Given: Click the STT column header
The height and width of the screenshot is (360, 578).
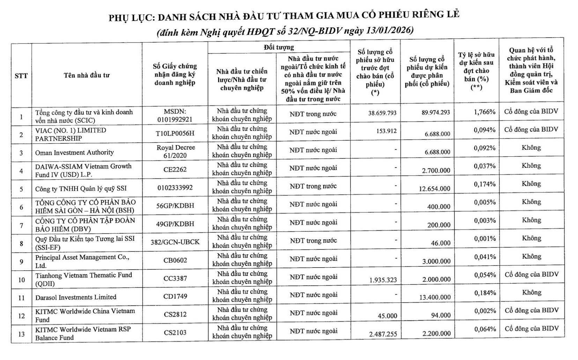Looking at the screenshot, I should click(x=21, y=75).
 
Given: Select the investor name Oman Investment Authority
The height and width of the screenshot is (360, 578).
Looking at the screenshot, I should click(x=74, y=152).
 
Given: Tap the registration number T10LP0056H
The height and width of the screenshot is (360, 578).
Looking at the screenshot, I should click(x=175, y=134).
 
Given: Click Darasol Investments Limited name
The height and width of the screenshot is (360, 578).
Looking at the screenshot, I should click(x=76, y=297).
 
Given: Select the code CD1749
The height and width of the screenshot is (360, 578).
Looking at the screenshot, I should click(x=175, y=296).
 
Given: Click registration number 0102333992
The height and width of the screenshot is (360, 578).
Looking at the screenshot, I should click(x=175, y=188).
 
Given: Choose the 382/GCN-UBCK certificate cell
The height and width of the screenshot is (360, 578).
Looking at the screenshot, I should click(x=175, y=242).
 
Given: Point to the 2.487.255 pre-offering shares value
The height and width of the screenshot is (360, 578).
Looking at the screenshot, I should click(x=383, y=334).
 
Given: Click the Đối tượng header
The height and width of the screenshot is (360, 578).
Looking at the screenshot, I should click(x=279, y=47).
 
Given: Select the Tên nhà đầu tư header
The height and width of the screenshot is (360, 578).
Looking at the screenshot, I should click(x=87, y=75).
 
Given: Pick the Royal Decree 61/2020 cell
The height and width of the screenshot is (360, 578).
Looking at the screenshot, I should click(x=176, y=151).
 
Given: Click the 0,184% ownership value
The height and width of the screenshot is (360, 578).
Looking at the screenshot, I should click(x=485, y=293).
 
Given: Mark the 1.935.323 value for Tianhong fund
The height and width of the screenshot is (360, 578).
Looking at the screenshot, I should click(x=383, y=280).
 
